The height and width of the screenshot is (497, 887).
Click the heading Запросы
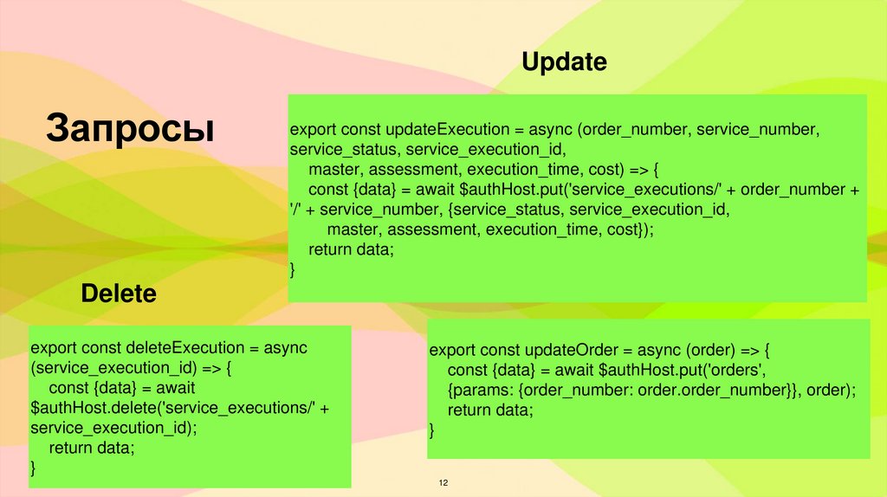[x=131, y=126]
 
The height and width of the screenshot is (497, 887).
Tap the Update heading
[x=563, y=62]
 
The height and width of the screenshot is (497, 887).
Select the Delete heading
[x=119, y=294]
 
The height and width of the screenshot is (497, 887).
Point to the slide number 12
[x=443, y=482]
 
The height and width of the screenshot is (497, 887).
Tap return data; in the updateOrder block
[x=490, y=410]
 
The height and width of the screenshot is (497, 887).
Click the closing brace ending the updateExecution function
[x=293, y=270]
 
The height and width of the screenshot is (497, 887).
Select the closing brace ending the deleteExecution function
[x=34, y=468]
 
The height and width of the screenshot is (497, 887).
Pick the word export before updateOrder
[x=452, y=351]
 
